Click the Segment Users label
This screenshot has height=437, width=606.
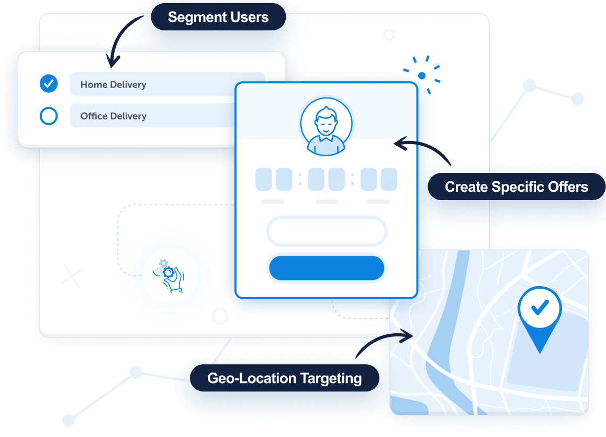tap(218, 17)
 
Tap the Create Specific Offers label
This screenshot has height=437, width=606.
tap(516, 187)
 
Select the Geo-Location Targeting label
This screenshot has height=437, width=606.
tap(284, 378)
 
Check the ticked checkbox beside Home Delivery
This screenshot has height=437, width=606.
tap(49, 83)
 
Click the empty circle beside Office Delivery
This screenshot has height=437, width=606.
tap(49, 116)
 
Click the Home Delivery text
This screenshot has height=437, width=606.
tap(114, 84)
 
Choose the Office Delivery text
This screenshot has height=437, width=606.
tap(114, 116)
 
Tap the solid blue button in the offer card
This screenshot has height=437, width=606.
tap(327, 268)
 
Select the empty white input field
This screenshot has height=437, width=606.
tap(327, 231)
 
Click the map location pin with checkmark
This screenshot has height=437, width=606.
tap(539, 314)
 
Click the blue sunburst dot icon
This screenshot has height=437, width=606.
tap(422, 75)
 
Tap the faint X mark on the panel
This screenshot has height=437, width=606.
tap(72, 276)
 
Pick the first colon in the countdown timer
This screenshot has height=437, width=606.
tap(300, 180)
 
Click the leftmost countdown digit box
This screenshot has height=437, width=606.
tap(263, 179)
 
